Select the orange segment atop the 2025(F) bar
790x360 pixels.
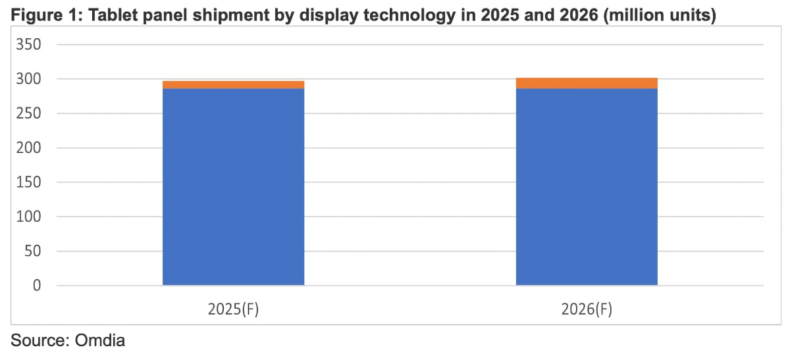click(x=233, y=84)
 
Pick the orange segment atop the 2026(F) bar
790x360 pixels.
click(x=587, y=83)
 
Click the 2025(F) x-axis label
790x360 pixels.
click(x=233, y=309)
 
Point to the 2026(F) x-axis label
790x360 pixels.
click(x=587, y=309)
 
